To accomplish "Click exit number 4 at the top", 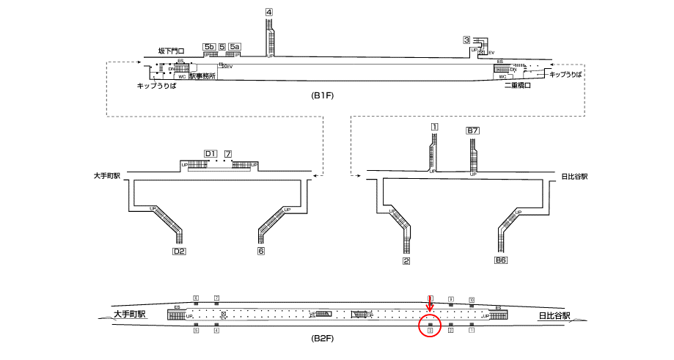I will pyautogui.click(x=269, y=12).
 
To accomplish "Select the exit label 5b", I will pyautogui.click(x=210, y=47).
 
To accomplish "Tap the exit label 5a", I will pyautogui.click(x=234, y=47).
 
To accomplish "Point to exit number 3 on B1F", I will pyautogui.click(x=466, y=40).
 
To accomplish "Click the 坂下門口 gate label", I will pyautogui.click(x=171, y=51).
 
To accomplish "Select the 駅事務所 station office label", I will pyautogui.click(x=202, y=76).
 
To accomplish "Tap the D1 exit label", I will pyautogui.click(x=210, y=153).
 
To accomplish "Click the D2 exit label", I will pyautogui.click(x=178, y=251).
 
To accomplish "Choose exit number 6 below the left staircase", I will pyautogui.click(x=260, y=251).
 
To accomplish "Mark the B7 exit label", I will pyautogui.click(x=473, y=131).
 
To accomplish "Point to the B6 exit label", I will pyautogui.click(x=501, y=260).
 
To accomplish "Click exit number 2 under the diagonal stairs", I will pyautogui.click(x=406, y=260).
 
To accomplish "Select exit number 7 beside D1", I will pyautogui.click(x=228, y=153).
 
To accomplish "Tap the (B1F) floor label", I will pyautogui.click(x=323, y=96).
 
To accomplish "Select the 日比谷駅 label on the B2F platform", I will pyautogui.click(x=550, y=317).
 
